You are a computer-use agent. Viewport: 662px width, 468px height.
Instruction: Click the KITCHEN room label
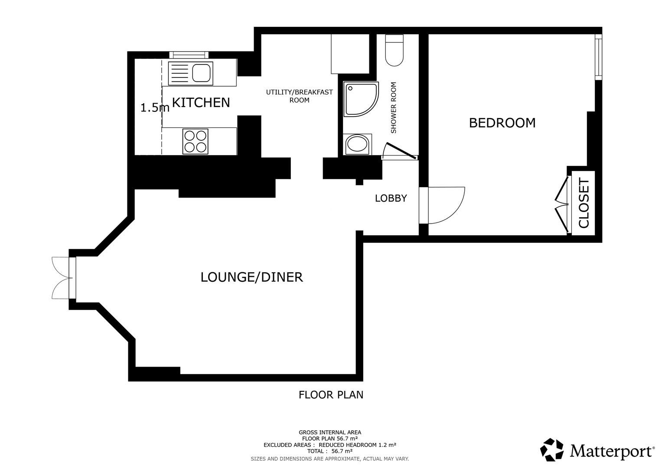[x=201, y=103]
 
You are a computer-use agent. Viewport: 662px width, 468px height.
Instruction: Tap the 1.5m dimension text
[x=154, y=108]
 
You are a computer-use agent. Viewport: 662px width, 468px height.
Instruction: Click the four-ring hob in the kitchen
[x=195, y=141]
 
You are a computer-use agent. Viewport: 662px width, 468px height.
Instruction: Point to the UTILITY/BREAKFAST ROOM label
[x=299, y=96]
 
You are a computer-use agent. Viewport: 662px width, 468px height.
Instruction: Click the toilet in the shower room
[x=395, y=50]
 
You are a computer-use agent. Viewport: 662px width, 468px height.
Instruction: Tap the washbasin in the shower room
[x=358, y=145]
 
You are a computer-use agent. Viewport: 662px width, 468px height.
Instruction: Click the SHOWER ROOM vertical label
[x=394, y=107]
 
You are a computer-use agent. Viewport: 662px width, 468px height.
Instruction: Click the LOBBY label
[x=391, y=198]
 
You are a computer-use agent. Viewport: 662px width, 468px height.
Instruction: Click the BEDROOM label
[x=502, y=123]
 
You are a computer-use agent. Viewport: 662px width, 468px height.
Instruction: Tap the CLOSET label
[x=584, y=203]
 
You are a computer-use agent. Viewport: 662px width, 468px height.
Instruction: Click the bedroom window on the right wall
[x=598, y=58]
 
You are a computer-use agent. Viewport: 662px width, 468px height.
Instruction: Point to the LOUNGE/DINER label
[x=251, y=277]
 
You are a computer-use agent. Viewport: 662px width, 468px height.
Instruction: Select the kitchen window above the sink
[x=189, y=55]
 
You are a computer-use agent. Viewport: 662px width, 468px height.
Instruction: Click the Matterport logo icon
[x=552, y=450]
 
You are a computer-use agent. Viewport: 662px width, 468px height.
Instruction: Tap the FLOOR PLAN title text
[x=331, y=395]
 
